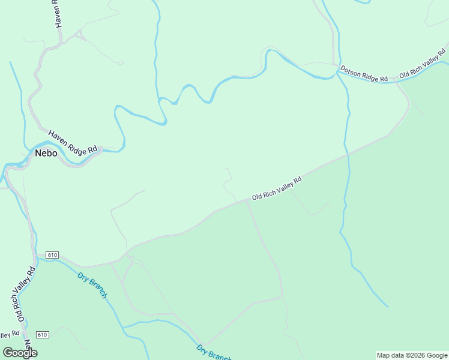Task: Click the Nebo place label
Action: [46, 153]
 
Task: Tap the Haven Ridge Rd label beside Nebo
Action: [73, 143]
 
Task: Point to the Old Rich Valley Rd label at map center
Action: [276, 188]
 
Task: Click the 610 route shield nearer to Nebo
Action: [52, 255]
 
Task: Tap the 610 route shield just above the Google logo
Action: [42, 334]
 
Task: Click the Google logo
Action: [20, 353]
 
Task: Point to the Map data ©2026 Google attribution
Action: [412, 355]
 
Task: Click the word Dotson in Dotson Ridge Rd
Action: [351, 71]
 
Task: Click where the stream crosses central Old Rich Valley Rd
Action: [348, 155]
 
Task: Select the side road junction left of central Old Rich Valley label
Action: [247, 201]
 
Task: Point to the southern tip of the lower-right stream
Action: [388, 307]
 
